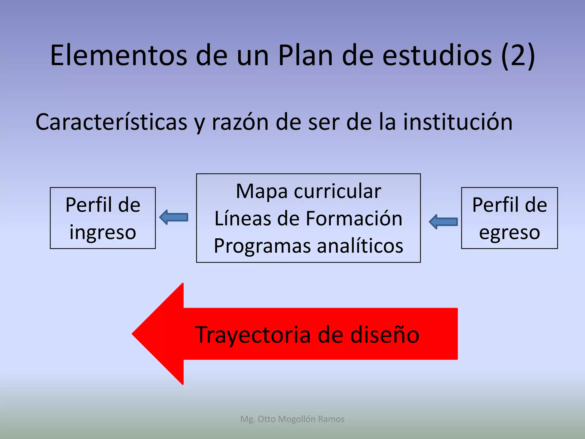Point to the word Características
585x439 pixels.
(x=111, y=122)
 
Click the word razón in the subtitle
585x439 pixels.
(x=240, y=122)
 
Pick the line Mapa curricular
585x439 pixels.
(x=308, y=191)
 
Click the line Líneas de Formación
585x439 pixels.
(x=308, y=219)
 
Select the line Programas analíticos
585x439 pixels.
(x=308, y=246)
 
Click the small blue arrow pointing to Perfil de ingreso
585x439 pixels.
(x=174, y=217)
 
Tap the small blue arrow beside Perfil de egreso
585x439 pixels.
(x=443, y=222)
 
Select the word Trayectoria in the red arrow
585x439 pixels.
(x=253, y=335)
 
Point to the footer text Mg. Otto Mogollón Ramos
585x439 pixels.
(x=292, y=419)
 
